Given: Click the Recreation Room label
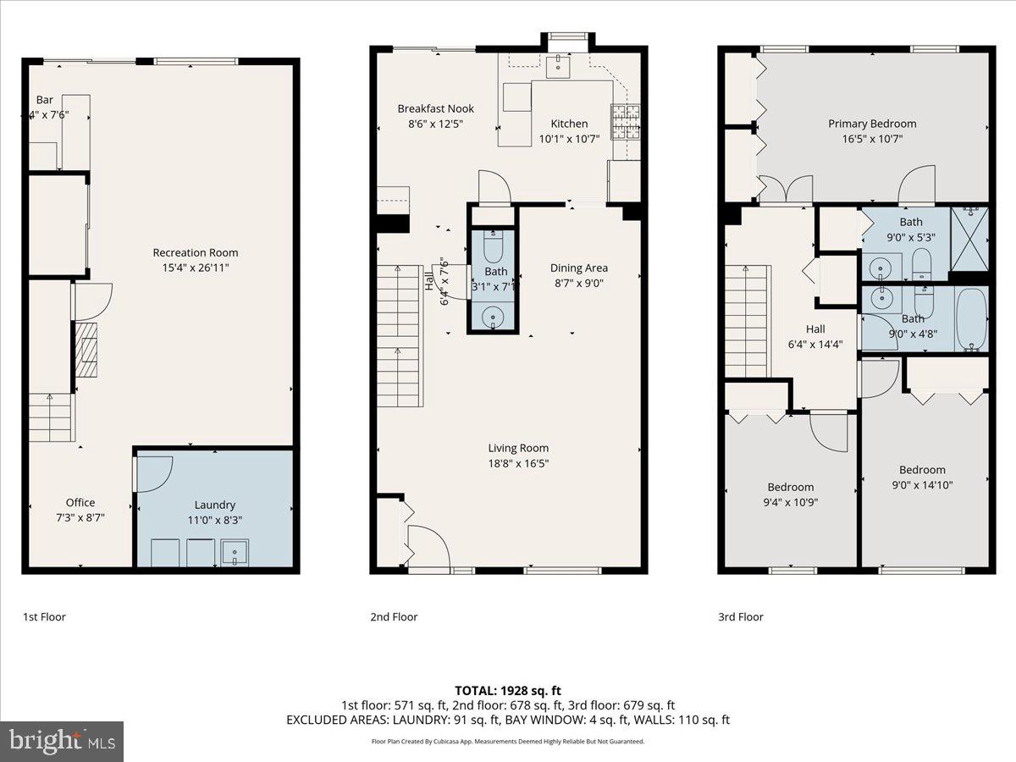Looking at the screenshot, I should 195,252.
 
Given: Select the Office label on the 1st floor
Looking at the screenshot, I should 80,502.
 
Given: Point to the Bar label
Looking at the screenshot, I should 44,99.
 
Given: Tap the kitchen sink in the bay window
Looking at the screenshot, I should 560,63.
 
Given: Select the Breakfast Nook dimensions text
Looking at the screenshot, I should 436,124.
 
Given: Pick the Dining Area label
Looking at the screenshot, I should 579,268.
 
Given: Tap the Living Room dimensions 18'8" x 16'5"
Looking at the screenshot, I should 518,463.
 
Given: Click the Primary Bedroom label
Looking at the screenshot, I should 871,124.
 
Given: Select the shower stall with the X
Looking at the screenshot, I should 969,238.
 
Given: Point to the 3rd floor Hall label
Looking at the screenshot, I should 815,329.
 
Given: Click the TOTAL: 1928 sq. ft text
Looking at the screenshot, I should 507,689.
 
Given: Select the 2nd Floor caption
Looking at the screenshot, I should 394,616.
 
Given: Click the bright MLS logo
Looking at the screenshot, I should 62,741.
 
